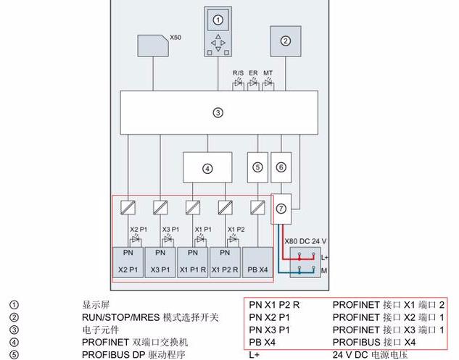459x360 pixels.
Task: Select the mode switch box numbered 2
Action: tap(286, 41)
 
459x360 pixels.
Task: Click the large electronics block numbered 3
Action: tap(218, 112)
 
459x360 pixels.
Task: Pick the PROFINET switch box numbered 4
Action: tap(207, 168)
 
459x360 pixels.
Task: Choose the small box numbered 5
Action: tap(257, 167)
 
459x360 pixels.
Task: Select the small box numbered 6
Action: tap(281, 167)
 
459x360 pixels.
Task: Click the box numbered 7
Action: tap(281, 208)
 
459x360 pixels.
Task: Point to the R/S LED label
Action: tap(238, 73)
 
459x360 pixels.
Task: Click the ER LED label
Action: tap(253, 73)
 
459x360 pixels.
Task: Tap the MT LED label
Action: tap(268, 73)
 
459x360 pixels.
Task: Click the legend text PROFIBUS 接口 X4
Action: tap(374, 342)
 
